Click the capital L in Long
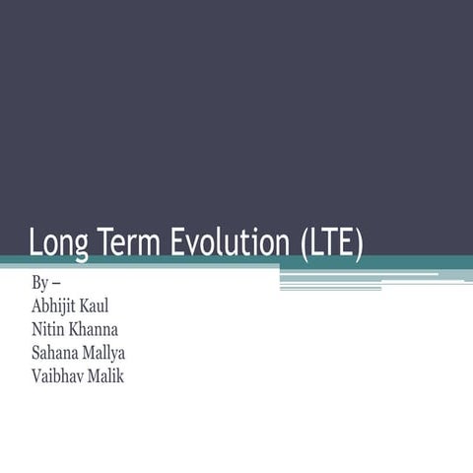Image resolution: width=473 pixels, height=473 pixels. [36, 241]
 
